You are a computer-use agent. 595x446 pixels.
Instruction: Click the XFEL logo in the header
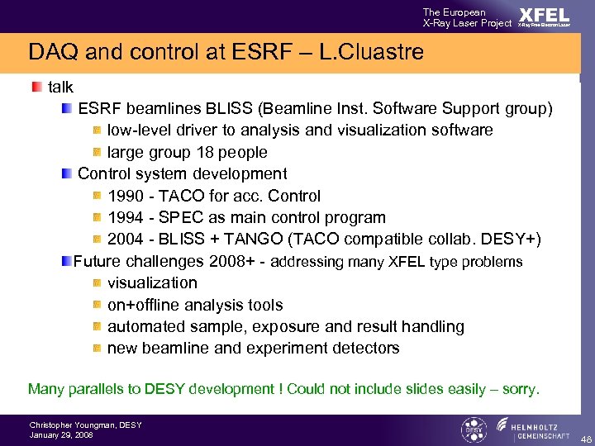click(544, 17)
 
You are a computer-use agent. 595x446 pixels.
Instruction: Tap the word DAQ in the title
click(52, 53)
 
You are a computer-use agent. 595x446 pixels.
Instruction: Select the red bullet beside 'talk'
click(37, 87)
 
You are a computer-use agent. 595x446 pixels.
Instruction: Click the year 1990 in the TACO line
click(126, 196)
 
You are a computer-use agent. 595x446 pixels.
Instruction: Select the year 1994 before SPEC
click(126, 218)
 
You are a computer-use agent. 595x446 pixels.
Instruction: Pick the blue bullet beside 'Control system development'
click(67, 174)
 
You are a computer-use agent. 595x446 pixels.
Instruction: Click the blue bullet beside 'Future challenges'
click(67, 262)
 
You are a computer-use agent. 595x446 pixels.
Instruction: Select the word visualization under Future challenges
click(152, 282)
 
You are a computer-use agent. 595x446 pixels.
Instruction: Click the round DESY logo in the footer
click(473, 429)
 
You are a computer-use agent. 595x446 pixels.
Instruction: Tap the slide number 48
click(585, 438)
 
